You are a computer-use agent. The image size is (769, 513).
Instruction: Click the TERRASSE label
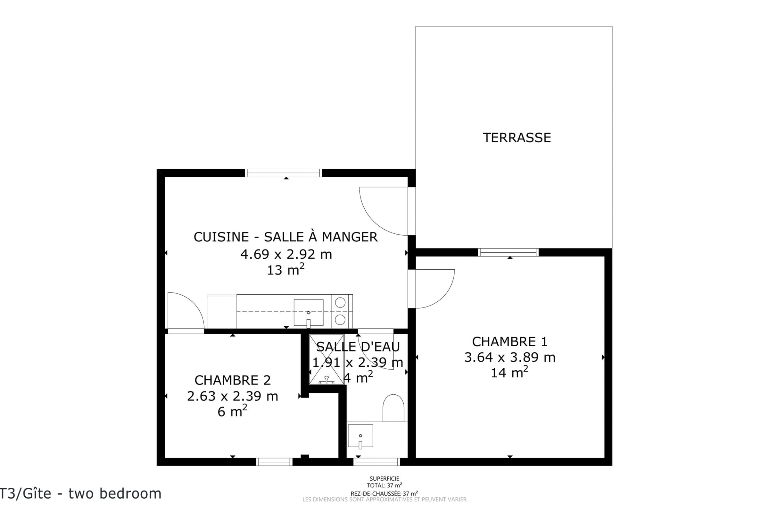tap(517, 138)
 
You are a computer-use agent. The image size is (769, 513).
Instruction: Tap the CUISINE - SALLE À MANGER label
tap(286, 237)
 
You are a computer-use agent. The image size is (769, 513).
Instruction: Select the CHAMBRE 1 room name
tap(510, 341)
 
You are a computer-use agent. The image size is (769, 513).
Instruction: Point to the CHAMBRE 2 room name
tap(233, 380)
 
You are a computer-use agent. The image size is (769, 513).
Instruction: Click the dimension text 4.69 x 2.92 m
tap(286, 254)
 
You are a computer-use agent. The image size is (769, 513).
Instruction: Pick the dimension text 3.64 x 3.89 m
tap(510, 357)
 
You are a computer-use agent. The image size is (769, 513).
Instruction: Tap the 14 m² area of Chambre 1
tap(509, 372)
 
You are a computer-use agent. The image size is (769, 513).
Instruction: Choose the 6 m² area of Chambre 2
tap(232, 411)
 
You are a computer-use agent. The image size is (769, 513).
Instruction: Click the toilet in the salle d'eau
tap(393, 408)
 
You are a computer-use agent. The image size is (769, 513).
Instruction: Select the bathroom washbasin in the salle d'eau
tap(360, 436)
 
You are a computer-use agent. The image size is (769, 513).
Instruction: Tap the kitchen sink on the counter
tap(308, 312)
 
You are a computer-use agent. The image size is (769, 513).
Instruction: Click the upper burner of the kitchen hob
tap(340, 303)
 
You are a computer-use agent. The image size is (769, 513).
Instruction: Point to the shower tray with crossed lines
tap(326, 359)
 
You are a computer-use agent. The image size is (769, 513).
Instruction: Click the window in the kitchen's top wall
tap(283, 173)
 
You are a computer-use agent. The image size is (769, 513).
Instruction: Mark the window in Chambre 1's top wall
tap(508, 252)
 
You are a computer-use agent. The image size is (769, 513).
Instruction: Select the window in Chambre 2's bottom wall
tap(274, 462)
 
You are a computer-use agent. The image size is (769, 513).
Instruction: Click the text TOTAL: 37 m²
tap(384, 485)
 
